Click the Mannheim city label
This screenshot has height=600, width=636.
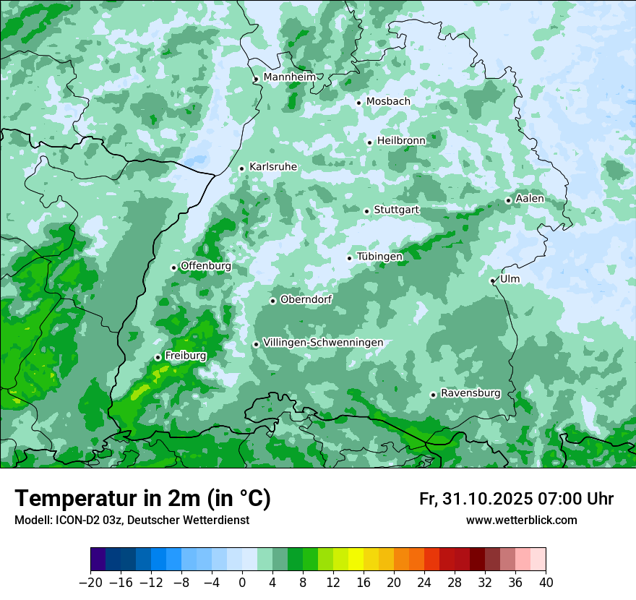click(x=289, y=77)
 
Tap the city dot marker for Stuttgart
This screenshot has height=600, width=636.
click(x=366, y=211)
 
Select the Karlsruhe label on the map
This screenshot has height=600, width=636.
click(x=273, y=167)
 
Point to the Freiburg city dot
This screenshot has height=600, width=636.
click(x=158, y=357)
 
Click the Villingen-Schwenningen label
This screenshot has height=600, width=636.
click(x=323, y=343)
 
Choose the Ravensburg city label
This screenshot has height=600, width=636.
click(x=470, y=393)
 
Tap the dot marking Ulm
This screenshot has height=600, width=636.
click(x=492, y=280)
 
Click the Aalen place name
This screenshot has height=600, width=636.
click(x=530, y=199)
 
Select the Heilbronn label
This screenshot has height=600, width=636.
click(x=401, y=141)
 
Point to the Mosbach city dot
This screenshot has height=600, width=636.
click(x=358, y=103)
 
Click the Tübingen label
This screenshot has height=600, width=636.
click(x=379, y=257)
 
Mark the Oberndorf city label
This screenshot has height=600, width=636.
click(x=306, y=299)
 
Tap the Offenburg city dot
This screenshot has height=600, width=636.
click(x=173, y=267)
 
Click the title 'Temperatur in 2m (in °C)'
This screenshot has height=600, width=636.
click(x=142, y=499)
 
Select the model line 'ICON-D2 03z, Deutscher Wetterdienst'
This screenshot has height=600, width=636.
click(x=132, y=520)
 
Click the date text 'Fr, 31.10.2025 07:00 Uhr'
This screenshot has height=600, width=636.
click(x=516, y=499)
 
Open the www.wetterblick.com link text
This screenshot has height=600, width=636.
click(x=521, y=520)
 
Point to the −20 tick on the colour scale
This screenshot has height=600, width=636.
click(x=90, y=583)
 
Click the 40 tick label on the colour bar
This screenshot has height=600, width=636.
click(x=546, y=583)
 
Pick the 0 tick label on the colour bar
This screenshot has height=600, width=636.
click(x=242, y=583)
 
